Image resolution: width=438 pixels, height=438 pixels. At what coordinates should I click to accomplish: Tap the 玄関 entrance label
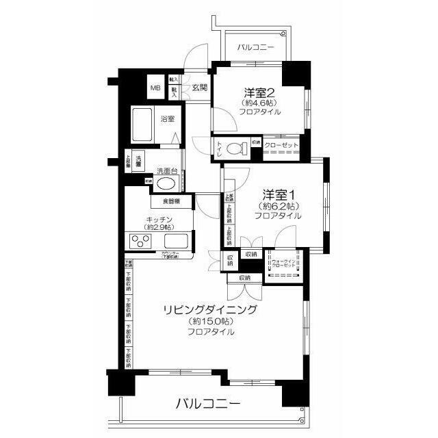(x=199, y=88)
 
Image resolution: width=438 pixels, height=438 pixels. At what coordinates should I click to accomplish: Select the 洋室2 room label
(x=261, y=92)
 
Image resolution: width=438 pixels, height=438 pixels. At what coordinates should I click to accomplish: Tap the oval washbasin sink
(x=166, y=184)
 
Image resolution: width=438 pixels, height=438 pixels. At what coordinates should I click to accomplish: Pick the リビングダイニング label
(x=210, y=310)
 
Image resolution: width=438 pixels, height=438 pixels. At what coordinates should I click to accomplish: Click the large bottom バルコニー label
(x=207, y=403)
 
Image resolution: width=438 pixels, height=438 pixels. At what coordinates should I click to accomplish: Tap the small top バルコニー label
(x=256, y=48)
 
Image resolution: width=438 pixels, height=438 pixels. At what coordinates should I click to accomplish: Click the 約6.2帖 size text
(x=279, y=205)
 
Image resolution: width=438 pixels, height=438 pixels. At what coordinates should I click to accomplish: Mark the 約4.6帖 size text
(x=261, y=103)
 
